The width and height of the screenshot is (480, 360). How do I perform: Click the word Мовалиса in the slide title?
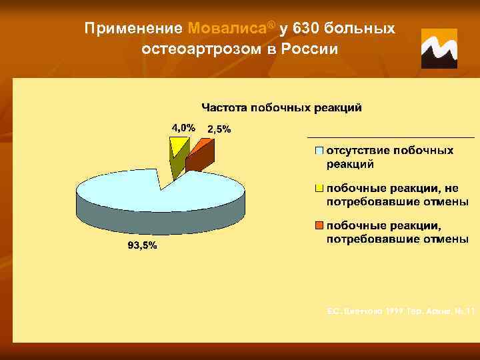(x=227, y=29)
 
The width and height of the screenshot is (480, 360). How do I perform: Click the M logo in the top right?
(x=439, y=49)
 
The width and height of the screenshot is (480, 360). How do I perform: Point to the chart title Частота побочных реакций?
(x=282, y=107)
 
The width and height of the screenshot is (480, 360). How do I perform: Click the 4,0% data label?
(x=183, y=127)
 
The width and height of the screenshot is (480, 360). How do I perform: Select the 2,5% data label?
(x=219, y=129)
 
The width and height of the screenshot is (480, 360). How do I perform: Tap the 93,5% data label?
(x=143, y=245)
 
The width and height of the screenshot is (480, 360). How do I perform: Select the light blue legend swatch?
(x=319, y=151)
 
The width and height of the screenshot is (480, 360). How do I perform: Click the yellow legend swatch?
(x=319, y=189)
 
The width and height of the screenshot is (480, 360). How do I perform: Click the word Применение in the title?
(x=135, y=29)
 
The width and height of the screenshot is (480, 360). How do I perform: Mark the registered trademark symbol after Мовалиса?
(x=271, y=25)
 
